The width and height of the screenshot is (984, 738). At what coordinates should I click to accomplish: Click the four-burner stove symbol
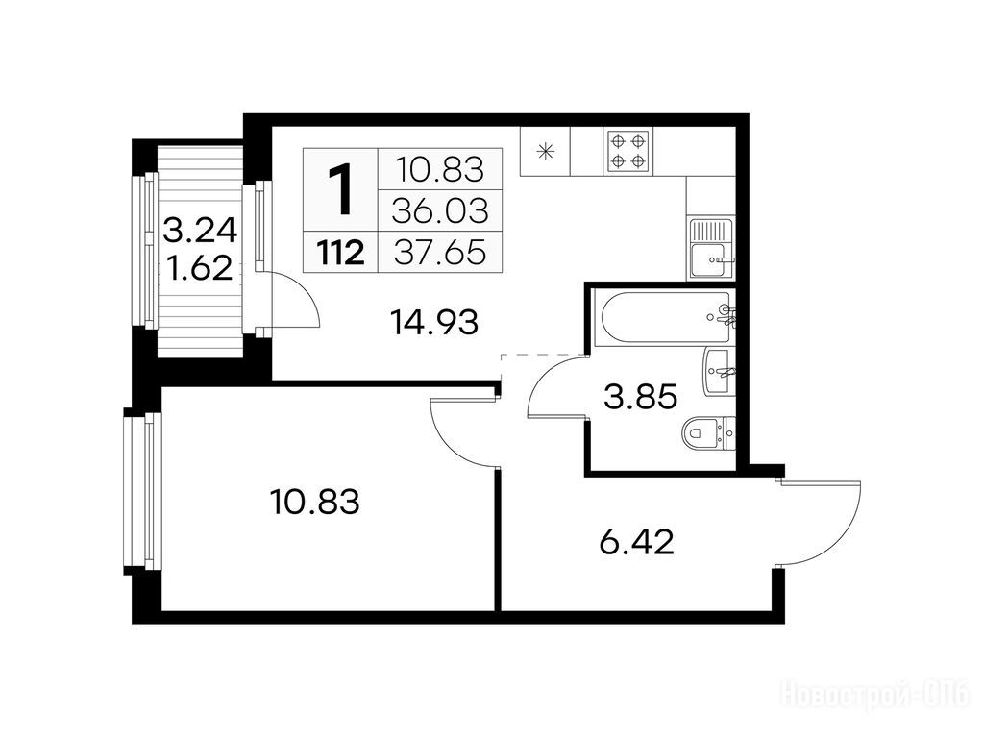[628, 151]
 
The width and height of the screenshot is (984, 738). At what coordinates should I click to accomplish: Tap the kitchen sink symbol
[711, 248]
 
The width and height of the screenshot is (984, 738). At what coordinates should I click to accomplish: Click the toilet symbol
[709, 432]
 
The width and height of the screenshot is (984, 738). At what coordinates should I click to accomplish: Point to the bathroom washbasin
[719, 372]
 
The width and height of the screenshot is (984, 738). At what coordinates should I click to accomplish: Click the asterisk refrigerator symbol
[546, 151]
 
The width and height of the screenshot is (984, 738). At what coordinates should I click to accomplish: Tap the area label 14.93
[434, 323]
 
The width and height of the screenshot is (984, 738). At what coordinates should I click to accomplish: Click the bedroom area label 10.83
[315, 502]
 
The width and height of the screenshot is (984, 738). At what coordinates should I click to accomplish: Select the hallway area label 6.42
[637, 542]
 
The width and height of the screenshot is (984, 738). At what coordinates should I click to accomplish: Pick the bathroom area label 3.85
[641, 397]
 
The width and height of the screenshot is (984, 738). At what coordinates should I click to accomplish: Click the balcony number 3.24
[200, 231]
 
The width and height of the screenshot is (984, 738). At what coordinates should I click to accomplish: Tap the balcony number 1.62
[200, 269]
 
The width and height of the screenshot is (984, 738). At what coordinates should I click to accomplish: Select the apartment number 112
[341, 253]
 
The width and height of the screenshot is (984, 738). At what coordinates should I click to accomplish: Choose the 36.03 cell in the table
[440, 211]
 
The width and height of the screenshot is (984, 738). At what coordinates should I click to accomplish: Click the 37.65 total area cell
[440, 253]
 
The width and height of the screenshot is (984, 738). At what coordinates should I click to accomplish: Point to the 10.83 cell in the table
[440, 169]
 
